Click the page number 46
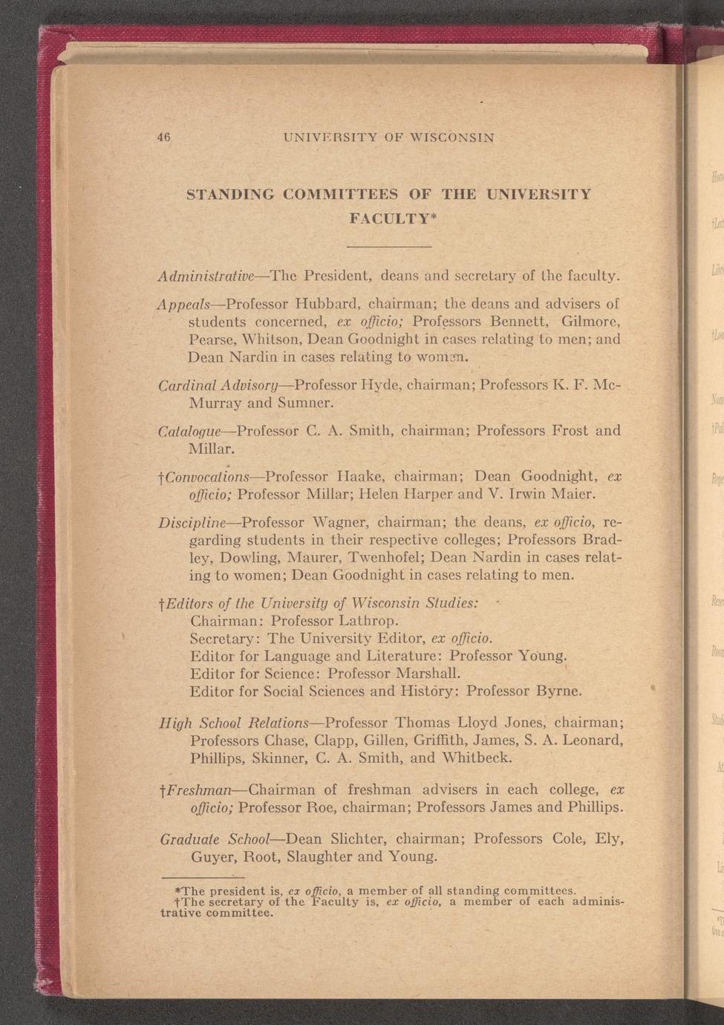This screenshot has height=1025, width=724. (x=164, y=137)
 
